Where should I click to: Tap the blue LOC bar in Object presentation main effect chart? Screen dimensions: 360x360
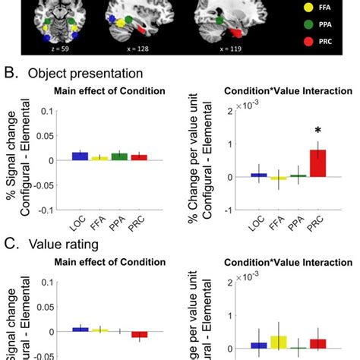[x=80, y=156]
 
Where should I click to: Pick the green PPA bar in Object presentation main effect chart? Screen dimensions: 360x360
[x=119, y=156]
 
